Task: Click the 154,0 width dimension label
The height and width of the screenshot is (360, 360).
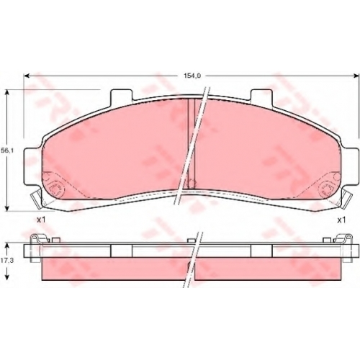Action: [192, 76]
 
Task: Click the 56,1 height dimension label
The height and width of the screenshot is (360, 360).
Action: [6, 150]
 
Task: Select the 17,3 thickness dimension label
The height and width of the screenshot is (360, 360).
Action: [6, 261]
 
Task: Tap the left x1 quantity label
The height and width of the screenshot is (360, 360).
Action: [41, 220]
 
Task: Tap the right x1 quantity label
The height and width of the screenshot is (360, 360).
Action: [341, 220]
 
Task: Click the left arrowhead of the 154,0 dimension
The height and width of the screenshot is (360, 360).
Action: [27, 76]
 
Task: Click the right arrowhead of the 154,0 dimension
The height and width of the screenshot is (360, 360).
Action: [356, 76]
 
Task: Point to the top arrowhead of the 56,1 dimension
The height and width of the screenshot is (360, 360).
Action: [8, 93]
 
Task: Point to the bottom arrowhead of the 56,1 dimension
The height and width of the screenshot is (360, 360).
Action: [8, 208]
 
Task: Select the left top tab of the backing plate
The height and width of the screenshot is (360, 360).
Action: [121, 97]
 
